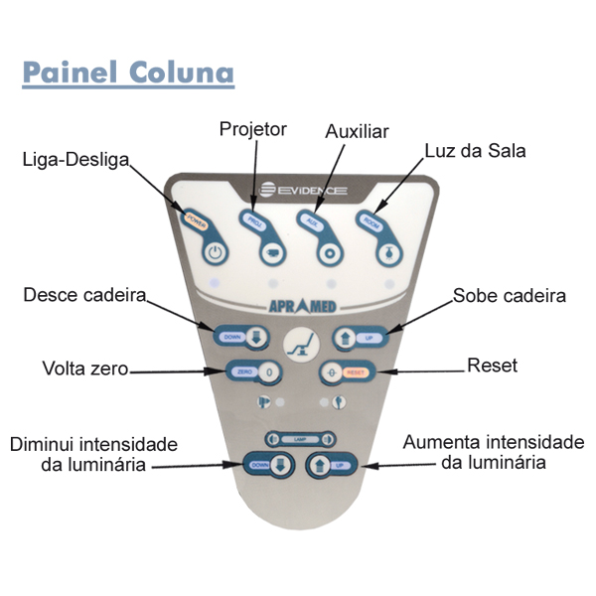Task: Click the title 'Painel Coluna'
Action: [128, 74]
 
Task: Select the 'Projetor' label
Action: [252, 129]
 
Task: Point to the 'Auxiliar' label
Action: [358, 131]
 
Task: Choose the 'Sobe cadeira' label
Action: [509, 296]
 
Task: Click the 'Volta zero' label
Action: [85, 369]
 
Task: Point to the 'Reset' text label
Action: [492, 366]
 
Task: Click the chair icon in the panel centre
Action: [296, 348]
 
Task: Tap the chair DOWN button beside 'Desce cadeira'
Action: [241, 336]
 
